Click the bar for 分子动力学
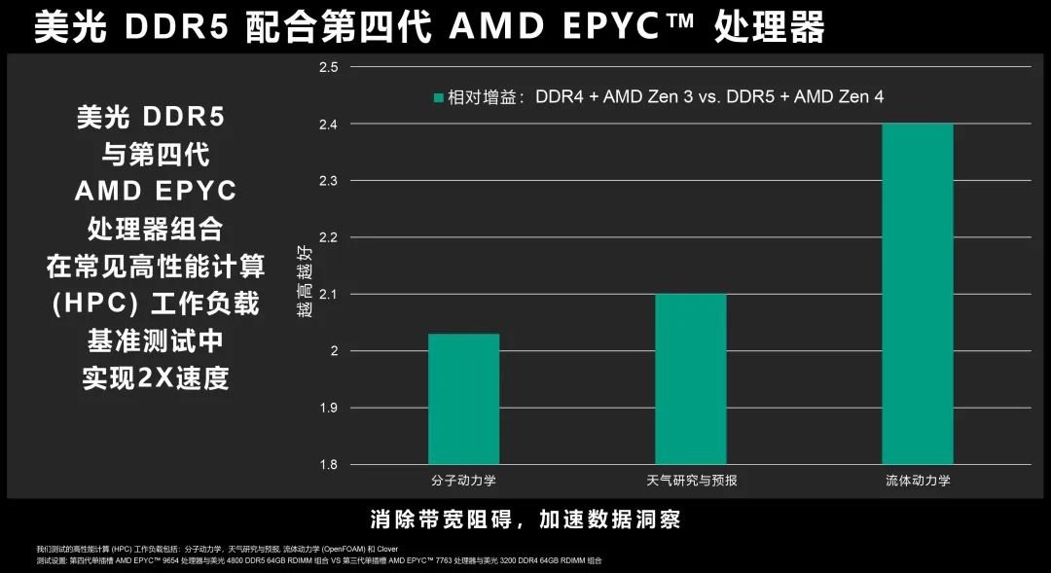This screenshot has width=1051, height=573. (x=463, y=399)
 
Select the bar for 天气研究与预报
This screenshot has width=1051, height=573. (x=691, y=378)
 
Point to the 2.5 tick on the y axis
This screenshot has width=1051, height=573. (x=327, y=67)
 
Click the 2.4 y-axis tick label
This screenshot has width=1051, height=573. (x=327, y=125)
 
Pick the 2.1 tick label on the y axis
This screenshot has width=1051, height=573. (x=327, y=294)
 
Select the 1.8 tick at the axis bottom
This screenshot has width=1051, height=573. (x=327, y=464)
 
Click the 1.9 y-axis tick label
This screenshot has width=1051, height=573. (x=327, y=408)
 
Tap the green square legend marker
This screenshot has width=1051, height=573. (x=439, y=97)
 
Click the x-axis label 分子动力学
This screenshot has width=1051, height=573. (x=463, y=481)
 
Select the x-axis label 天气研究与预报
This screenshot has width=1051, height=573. (x=691, y=481)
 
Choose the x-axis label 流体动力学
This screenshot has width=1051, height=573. (x=918, y=481)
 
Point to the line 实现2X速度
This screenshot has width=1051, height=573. (x=156, y=377)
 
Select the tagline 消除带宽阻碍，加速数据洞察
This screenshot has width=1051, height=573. (x=525, y=519)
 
